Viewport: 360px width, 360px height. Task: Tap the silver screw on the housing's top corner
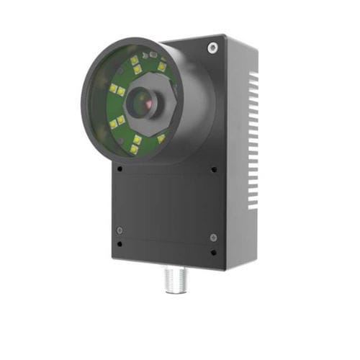pyautogui.click(x=212, y=48)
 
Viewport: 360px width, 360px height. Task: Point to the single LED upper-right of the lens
pyautogui.click(x=162, y=67)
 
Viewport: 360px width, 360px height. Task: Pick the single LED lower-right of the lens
pyautogui.click(x=161, y=138)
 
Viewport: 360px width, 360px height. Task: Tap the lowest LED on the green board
pyautogui.click(x=134, y=150)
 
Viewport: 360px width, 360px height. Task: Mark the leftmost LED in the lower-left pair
pyautogui.click(x=113, y=125)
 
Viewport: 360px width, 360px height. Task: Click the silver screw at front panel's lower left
pyautogui.click(x=120, y=230)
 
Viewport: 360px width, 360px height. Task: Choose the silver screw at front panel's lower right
pyautogui.click(x=213, y=237)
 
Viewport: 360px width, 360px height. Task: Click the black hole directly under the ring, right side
pyautogui.click(x=214, y=170)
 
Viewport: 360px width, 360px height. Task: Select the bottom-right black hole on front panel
pyautogui.click(x=213, y=253)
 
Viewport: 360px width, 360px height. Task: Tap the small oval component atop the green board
pyautogui.click(x=148, y=55)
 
